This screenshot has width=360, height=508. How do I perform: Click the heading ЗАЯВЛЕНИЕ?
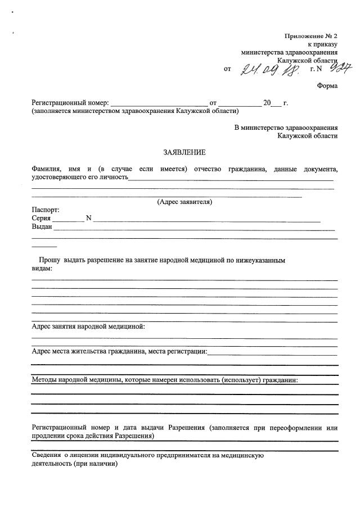click(184, 152)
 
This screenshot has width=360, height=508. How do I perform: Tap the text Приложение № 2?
click(311, 36)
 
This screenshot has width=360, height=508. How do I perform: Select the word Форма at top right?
click(327, 86)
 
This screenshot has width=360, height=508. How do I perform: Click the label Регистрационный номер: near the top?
click(70, 103)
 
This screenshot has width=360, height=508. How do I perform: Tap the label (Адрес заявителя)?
click(184, 202)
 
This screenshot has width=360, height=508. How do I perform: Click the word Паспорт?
click(46, 210)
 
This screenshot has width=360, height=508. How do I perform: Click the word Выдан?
click(42, 227)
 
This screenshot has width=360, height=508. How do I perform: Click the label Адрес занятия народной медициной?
click(89, 326)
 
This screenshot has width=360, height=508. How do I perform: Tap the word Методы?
click(46, 379)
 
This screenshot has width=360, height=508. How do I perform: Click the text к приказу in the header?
click(322, 44)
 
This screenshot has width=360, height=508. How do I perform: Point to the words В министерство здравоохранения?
click(286, 128)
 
